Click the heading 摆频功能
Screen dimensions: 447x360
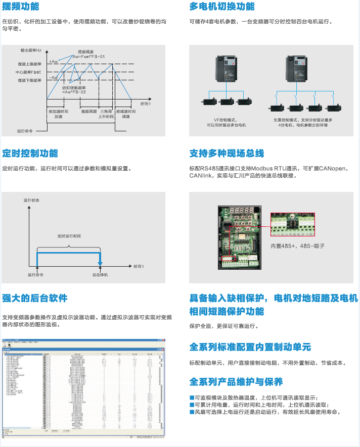(x=20, y=7)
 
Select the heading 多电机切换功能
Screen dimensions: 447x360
(x=222, y=7)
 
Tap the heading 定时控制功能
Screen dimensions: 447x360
(x=30, y=153)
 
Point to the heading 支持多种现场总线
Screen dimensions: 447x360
(x=227, y=153)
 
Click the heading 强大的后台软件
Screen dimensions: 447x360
(x=34, y=298)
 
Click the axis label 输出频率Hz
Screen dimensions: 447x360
(x=31, y=51)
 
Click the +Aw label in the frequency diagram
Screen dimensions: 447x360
(x=54, y=61)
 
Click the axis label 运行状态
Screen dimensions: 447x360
(x=31, y=201)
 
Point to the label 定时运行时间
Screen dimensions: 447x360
(x=69, y=236)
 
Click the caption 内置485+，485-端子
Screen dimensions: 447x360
(x=297, y=245)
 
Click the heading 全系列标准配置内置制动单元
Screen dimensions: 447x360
(x=250, y=347)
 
